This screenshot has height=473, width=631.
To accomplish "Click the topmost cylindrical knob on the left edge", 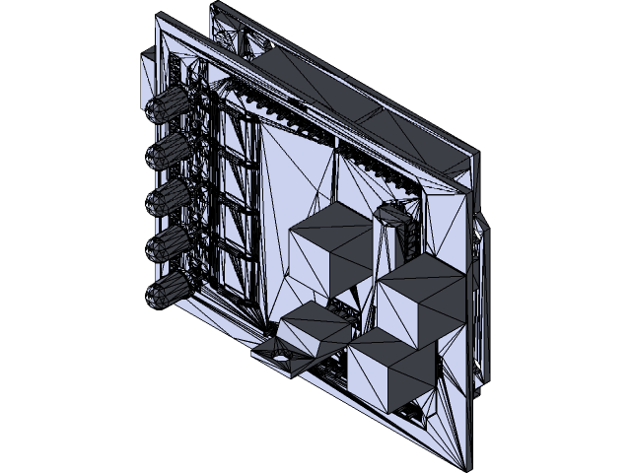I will click(x=170, y=102).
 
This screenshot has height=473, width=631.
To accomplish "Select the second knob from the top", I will click(x=170, y=150).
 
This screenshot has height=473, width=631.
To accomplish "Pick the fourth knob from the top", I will click(x=170, y=244).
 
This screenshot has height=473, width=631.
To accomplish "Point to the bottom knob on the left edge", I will click(x=170, y=292).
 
